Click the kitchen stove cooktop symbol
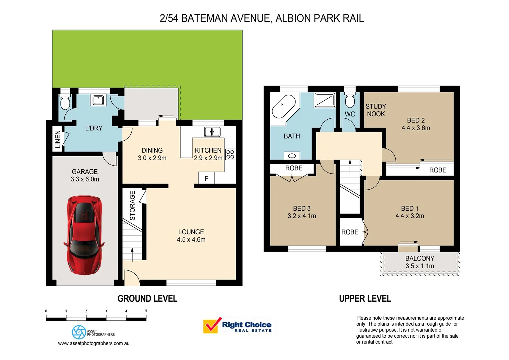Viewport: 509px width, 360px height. (x=230, y=154)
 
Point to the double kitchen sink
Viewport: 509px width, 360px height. (x=212, y=132)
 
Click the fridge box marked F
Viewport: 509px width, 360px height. (x=206, y=178)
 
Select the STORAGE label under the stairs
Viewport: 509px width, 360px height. (x=133, y=205)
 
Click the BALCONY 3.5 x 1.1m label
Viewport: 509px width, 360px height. (x=420, y=262)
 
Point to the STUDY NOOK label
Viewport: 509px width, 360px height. (x=376, y=110)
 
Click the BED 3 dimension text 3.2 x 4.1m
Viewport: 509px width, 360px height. (x=302, y=216)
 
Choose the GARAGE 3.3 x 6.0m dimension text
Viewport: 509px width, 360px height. (x=85, y=179)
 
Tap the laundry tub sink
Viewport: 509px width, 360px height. (x=98, y=100)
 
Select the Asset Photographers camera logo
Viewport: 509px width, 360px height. (x=79, y=332)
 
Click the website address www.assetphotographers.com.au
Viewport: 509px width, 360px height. (x=94, y=343)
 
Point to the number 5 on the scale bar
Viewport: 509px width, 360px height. (x=146, y=311)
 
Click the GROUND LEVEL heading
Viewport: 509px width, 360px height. (x=147, y=299)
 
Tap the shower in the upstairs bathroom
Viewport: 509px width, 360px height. (x=325, y=100)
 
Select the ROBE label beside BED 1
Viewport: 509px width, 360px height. (x=350, y=232)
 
